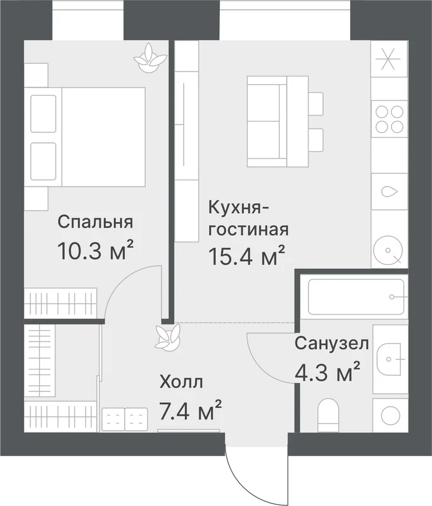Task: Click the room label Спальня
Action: coord(95,222)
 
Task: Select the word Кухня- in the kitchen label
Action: coord(239,208)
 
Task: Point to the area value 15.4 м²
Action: coord(247,256)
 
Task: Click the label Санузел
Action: coord(331,343)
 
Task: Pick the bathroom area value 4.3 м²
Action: coord(327,371)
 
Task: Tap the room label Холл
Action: coord(181,383)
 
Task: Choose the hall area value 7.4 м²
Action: coord(191,410)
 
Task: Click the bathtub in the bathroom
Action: coord(356,297)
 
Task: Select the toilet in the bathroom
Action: coord(328,416)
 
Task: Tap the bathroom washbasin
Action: coord(390,359)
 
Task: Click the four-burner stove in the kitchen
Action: coord(390,119)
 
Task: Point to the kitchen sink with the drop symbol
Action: coord(390,192)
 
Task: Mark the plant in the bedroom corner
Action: coord(150,58)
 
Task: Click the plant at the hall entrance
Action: coord(167,337)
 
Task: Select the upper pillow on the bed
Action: coord(43,114)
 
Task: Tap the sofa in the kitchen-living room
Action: coord(267,121)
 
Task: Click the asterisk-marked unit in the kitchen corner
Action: coord(388,59)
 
